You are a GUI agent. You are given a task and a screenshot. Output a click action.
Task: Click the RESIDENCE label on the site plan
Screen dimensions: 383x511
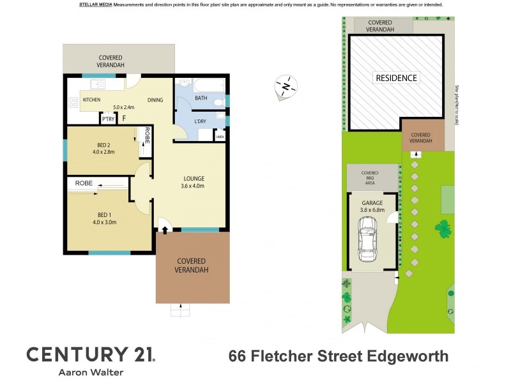click(395, 78)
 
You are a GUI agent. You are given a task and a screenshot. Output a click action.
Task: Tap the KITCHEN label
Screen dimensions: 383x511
click(91, 100)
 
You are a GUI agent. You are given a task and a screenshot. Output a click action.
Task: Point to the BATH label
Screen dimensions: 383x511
click(201, 98)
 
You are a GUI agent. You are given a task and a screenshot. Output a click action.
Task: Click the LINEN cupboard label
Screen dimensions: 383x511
click(219, 136)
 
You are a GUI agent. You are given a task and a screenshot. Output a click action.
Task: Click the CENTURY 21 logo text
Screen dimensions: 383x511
click(89, 354)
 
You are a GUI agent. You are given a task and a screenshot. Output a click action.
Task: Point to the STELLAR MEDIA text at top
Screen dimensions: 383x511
click(96, 4)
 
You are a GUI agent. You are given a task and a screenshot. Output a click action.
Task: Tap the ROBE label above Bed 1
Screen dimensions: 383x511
click(84, 183)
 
